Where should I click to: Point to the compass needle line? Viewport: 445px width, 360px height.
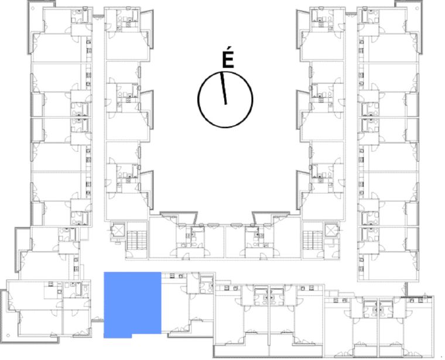(x=224, y=88)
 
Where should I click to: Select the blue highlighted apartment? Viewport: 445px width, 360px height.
(x=132, y=304)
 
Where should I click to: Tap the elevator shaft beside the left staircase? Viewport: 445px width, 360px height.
(x=118, y=230)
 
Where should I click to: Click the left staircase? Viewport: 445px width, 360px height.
(x=137, y=240)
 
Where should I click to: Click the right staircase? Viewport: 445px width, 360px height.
(x=313, y=240)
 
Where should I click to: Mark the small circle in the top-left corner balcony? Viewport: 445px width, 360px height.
(x=33, y=9)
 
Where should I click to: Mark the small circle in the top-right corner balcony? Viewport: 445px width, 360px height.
(x=419, y=9)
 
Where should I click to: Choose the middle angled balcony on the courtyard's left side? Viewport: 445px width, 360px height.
(x=147, y=110)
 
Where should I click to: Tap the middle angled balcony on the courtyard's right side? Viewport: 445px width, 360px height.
(x=303, y=110)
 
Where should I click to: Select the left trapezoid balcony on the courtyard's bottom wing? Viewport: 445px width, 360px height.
(x=179, y=217)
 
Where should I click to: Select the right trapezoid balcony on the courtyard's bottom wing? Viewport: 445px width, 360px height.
(x=271, y=217)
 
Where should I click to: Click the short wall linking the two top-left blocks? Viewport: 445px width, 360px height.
(x=98, y=16)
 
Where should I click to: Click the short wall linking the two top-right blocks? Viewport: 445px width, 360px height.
(x=351, y=14)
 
